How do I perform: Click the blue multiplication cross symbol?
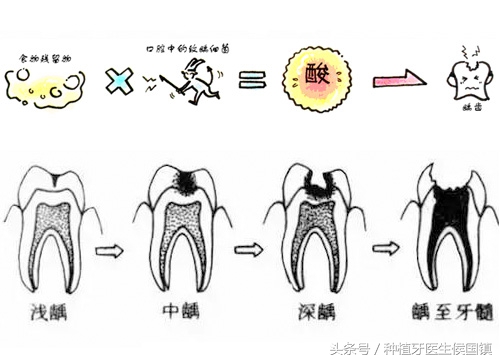[x=117, y=81]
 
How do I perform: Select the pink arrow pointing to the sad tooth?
[x=393, y=81]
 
